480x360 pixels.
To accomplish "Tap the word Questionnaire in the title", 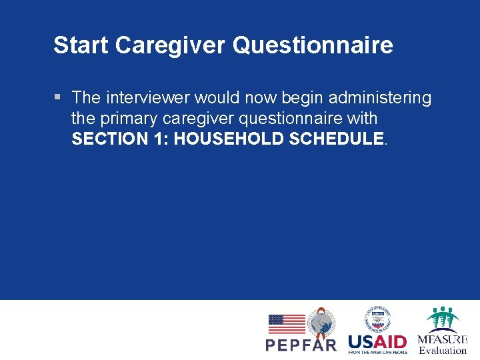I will click(x=313, y=45).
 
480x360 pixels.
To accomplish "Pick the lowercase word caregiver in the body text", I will click(x=196, y=119).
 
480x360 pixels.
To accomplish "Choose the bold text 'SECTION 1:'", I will click(x=120, y=139).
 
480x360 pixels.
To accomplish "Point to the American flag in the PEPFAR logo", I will click(x=287, y=324).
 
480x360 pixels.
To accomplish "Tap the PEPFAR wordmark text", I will click(x=301, y=345).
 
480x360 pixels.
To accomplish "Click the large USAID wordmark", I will click(x=377, y=341).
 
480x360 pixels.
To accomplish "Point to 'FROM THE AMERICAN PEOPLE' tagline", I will click(x=377, y=353).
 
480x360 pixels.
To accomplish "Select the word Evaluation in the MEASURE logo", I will click(x=443, y=351).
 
